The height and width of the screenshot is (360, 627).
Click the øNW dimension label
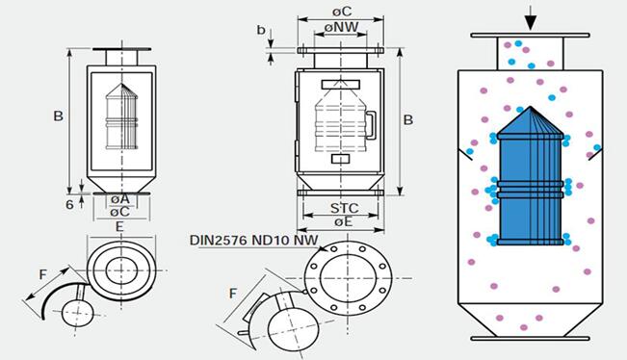[x=341, y=27]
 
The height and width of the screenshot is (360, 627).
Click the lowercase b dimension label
[x=261, y=30]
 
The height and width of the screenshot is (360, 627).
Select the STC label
[x=344, y=208]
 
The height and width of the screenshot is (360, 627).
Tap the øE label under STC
[x=344, y=221]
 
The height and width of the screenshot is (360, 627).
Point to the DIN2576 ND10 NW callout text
[x=254, y=240]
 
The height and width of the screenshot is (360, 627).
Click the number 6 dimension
[x=69, y=205]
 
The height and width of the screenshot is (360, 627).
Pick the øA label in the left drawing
[x=120, y=198]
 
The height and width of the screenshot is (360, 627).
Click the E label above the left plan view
[x=119, y=227]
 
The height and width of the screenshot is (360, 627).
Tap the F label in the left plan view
[x=42, y=274]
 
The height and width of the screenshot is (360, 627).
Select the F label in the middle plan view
[x=233, y=294]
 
